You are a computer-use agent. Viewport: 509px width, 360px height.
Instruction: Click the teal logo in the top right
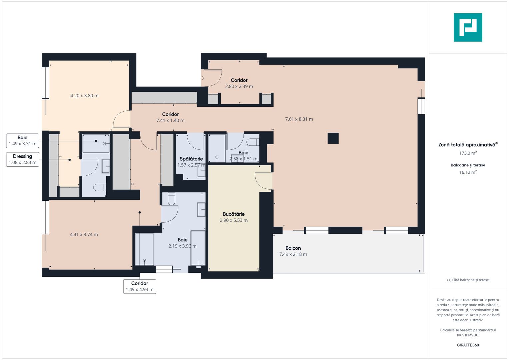[x=468, y=27]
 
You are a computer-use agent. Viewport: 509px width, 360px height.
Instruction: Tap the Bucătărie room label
[x=234, y=214]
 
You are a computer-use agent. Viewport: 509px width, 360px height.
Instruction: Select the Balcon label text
[x=293, y=248]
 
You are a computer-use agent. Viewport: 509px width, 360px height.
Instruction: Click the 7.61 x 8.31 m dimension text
[x=299, y=119]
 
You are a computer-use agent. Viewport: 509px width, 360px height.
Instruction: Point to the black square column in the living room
[x=333, y=138]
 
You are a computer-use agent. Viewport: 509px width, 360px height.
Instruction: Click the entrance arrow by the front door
[x=202, y=78]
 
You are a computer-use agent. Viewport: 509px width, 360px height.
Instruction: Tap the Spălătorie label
[x=191, y=159]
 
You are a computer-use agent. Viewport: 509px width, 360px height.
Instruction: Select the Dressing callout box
[x=22, y=159]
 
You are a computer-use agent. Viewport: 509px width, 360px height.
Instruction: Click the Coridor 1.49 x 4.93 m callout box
[x=140, y=286]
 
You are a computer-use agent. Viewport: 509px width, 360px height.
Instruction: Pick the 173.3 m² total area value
[x=468, y=153]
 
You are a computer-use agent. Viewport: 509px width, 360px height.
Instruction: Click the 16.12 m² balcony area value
[x=468, y=172]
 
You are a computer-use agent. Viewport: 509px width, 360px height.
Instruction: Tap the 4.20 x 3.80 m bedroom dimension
[x=84, y=96]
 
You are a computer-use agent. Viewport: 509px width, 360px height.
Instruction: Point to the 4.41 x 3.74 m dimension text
[x=84, y=235]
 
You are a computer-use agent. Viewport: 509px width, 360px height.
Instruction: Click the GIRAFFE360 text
[x=468, y=345]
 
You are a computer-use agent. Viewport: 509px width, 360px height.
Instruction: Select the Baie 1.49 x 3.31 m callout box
[x=22, y=141]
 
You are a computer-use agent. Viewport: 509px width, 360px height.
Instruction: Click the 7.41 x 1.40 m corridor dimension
[x=170, y=120]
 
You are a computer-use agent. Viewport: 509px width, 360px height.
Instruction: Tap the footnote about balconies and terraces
[x=468, y=280]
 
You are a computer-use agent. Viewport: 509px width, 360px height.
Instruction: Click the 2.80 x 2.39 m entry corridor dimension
[x=239, y=86]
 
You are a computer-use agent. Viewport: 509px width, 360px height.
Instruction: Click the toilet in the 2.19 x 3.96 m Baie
[x=171, y=199]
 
